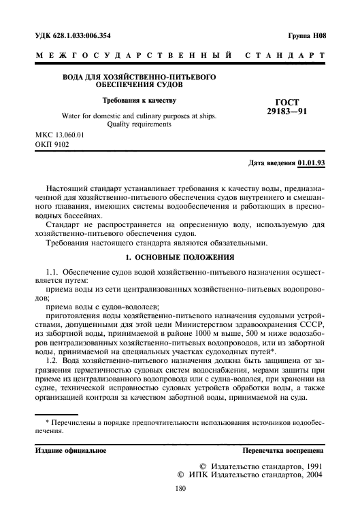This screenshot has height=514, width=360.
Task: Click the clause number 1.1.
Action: pos(52,272)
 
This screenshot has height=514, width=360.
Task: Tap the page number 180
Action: pos(180,488)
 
